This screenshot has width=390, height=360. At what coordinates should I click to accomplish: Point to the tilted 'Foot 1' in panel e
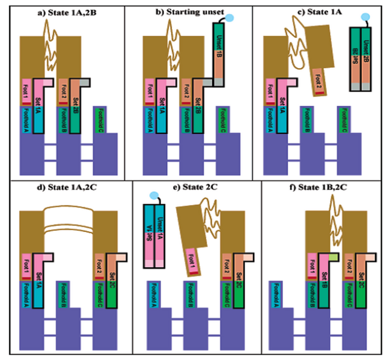[x=192, y=262]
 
